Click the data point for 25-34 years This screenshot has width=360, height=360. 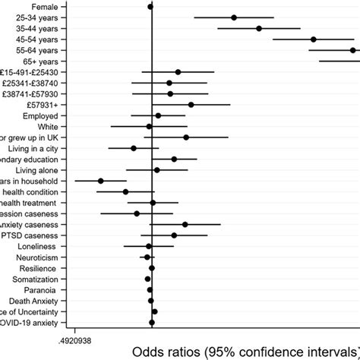(234, 17)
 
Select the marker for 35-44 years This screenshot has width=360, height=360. (259, 28)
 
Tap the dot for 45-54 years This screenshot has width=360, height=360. (313, 39)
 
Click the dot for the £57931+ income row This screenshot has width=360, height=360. (191, 105)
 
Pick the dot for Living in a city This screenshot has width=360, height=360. (134, 148)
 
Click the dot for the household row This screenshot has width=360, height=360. (100, 181)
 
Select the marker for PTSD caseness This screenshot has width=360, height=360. (174, 235)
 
